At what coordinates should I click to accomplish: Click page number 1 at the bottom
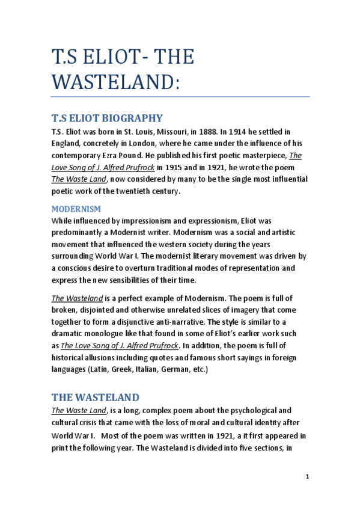coord(307,476)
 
